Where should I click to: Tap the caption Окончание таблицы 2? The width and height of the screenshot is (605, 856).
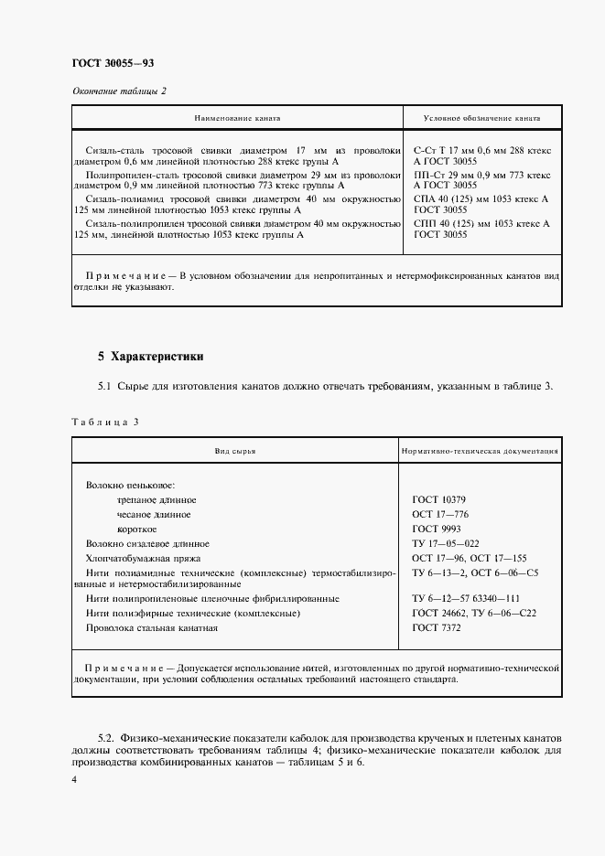119,90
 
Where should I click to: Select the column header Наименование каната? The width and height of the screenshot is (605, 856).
236,119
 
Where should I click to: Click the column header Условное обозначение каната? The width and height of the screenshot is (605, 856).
481,119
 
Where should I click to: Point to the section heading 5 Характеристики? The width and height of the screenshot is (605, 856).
151,356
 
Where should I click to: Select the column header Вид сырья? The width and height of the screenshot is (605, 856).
235,452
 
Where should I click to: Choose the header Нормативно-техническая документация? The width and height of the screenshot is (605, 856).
481,452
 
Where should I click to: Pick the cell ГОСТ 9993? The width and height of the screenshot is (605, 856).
437,530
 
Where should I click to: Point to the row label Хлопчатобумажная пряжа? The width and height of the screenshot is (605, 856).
143,558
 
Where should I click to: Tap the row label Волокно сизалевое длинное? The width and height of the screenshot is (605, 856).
147,543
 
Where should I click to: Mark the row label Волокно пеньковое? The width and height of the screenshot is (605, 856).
130,486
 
